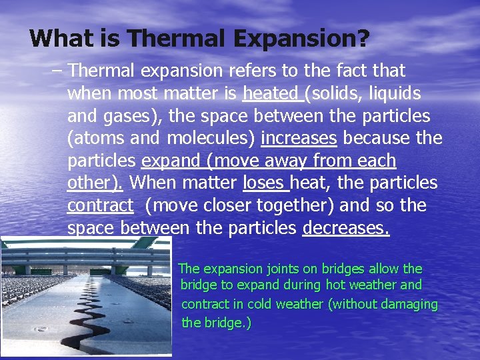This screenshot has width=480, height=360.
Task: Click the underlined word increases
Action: [x=299, y=139]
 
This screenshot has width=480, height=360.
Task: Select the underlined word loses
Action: [x=264, y=183]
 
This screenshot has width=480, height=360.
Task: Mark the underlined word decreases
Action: [x=345, y=228]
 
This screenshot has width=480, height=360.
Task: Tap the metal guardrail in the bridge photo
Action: [x=80, y=253]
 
